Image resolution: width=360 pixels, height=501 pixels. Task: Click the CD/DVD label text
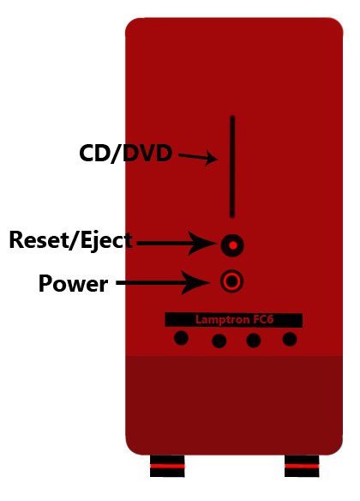pyautogui.click(x=126, y=154)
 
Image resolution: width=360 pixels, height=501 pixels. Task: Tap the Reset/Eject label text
pyautogui.click(x=70, y=240)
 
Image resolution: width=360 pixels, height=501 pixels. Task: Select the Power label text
pyautogui.click(x=73, y=283)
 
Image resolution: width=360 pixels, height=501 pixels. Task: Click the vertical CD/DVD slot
pyautogui.click(x=232, y=166)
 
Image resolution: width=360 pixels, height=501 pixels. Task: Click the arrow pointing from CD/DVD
pyautogui.click(x=198, y=157)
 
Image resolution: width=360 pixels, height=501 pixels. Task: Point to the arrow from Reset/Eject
pyautogui.click(x=177, y=244)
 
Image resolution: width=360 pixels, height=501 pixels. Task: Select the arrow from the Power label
pyautogui.click(x=164, y=283)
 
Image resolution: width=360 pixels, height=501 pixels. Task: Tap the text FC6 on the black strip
pyautogui.click(x=263, y=319)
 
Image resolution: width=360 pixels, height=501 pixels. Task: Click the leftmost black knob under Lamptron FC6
pyautogui.click(x=181, y=338)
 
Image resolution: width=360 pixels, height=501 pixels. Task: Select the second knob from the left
pyautogui.click(x=219, y=341)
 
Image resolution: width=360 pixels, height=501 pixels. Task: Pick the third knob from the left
pyautogui.click(x=254, y=340)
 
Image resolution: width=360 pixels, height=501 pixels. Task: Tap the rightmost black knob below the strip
pyautogui.click(x=290, y=339)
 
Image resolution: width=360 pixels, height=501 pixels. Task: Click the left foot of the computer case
pyautogui.click(x=167, y=466)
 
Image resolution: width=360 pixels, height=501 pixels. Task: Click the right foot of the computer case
pyautogui.click(x=302, y=466)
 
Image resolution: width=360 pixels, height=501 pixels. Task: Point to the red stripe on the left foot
pyautogui.click(x=167, y=466)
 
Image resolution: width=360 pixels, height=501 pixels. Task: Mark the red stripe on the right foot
pyautogui.click(x=302, y=466)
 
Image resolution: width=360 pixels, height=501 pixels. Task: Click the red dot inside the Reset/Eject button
pyautogui.click(x=233, y=245)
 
